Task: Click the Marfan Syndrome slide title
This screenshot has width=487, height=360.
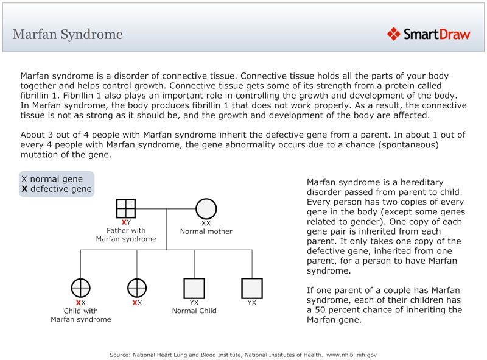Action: point(68,34)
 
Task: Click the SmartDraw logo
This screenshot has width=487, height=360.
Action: point(429,34)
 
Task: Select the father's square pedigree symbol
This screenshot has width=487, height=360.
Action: point(125,208)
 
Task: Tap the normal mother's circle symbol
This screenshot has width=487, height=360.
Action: point(206,208)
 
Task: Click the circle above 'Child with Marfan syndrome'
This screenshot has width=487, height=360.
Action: point(81,288)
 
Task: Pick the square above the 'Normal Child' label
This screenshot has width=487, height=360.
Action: point(194,288)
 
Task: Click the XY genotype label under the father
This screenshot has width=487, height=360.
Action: point(126,222)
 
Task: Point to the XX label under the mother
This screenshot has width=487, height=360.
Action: point(206,223)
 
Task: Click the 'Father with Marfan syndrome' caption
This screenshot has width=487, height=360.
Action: point(126,235)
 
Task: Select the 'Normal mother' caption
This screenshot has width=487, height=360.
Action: point(206,231)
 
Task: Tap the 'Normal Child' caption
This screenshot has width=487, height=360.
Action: point(194,311)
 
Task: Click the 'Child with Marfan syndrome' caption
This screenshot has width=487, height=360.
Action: point(81,315)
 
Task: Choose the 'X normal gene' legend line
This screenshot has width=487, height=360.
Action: point(52,179)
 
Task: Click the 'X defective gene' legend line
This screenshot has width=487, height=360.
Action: point(56,189)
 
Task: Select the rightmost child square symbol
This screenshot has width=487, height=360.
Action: point(251,288)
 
